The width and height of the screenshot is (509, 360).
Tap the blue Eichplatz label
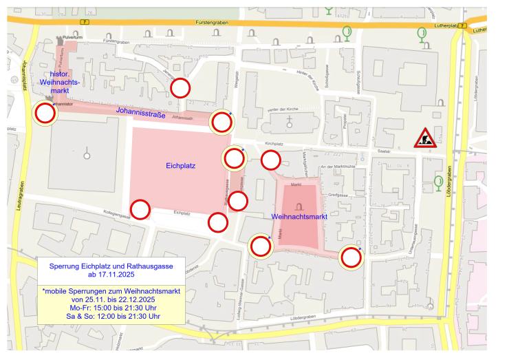pyautogui.click(x=181, y=166)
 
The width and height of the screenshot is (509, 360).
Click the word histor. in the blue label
pyautogui.click(x=61, y=74)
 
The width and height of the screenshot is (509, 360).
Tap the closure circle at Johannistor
pyautogui.click(x=45, y=114)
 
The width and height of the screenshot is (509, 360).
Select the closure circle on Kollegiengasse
pyautogui.click(x=140, y=209)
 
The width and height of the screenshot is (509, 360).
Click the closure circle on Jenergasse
pyautogui.click(x=180, y=87)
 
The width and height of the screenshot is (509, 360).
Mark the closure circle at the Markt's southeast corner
pyautogui.click(x=351, y=257)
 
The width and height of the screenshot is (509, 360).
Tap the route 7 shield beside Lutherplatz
pyautogui.click(x=463, y=26)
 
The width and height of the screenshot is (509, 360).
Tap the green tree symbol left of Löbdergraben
pyautogui.click(x=438, y=182)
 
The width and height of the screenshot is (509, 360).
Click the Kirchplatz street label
pyautogui.click(x=274, y=145)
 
